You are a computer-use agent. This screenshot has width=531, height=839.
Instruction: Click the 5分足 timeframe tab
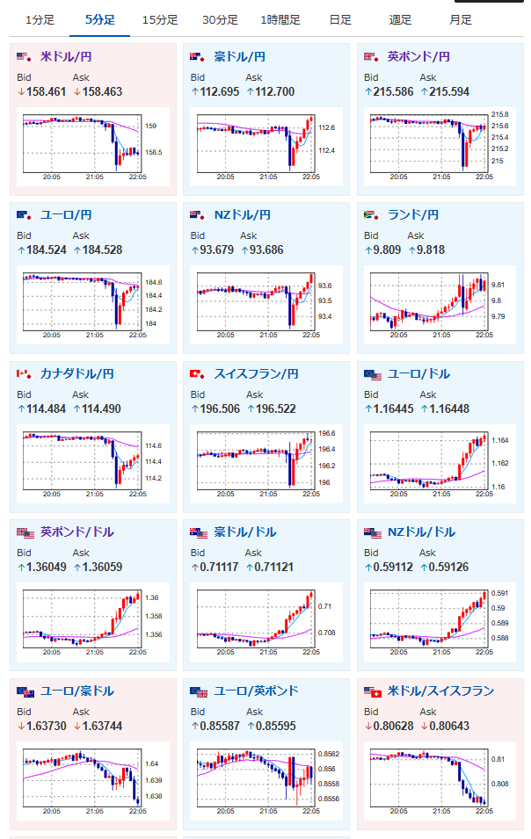[x=100, y=20]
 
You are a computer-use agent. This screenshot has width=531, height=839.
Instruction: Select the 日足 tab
[x=340, y=20]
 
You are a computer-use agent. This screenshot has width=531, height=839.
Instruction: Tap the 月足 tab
[x=461, y=20]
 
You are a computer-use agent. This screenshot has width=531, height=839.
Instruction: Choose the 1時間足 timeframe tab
[x=280, y=20]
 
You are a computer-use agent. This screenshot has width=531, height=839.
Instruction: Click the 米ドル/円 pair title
[x=66, y=57]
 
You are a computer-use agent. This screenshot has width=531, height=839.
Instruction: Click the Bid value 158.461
[x=46, y=92]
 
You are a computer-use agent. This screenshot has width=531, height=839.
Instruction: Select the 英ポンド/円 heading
[x=418, y=57]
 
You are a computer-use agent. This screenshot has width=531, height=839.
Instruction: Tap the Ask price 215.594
[x=449, y=92]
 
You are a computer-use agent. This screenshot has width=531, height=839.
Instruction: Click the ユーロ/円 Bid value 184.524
[x=46, y=250]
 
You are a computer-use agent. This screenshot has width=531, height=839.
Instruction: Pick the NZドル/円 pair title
[x=242, y=215]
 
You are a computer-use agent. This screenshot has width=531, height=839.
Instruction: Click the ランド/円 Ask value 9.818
[x=431, y=250]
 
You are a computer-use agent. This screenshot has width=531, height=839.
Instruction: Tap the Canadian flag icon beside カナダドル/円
[x=24, y=374]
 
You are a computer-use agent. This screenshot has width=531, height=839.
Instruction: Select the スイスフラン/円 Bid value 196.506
[x=220, y=409]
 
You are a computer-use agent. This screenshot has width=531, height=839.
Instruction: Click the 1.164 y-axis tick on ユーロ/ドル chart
[x=500, y=440]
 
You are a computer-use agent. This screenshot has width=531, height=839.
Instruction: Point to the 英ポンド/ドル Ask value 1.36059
[x=102, y=568]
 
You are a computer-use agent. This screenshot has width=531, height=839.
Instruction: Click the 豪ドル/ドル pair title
[x=245, y=532]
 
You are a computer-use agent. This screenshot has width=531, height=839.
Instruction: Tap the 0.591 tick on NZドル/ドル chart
[x=500, y=593]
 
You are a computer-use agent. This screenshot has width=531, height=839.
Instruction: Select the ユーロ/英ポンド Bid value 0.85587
[x=220, y=726]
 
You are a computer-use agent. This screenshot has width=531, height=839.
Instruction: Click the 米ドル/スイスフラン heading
[x=440, y=691]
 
